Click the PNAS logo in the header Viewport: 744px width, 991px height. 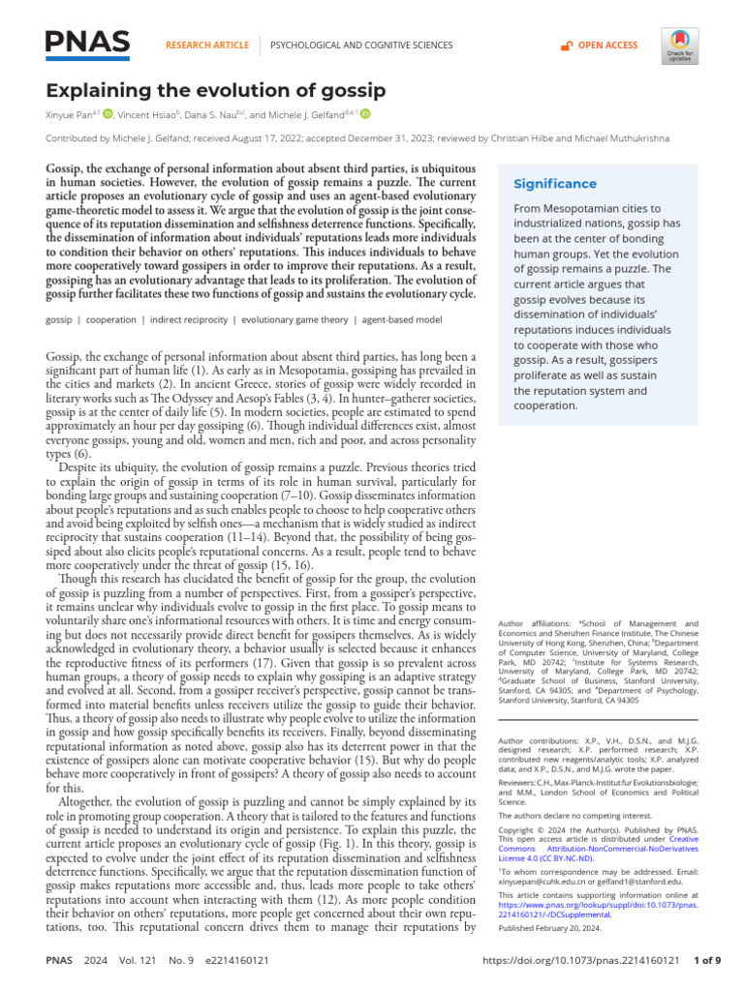pyautogui.click(x=88, y=43)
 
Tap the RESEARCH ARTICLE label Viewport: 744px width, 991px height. pyautogui.click(x=208, y=45)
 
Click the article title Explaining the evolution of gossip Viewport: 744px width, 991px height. pyautogui.click(x=216, y=91)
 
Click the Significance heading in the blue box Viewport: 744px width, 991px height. pyautogui.click(x=554, y=184)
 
